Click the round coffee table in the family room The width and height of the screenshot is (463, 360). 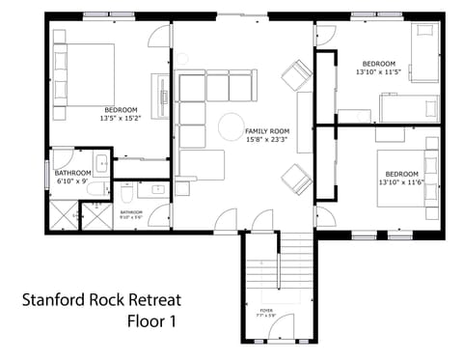click(231, 127)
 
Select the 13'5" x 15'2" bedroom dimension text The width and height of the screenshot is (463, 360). click(121, 119)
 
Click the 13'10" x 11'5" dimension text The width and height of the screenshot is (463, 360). click(377, 72)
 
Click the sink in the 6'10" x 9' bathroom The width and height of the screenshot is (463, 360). click(100, 162)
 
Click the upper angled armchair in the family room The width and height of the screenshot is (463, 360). click(297, 72)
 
